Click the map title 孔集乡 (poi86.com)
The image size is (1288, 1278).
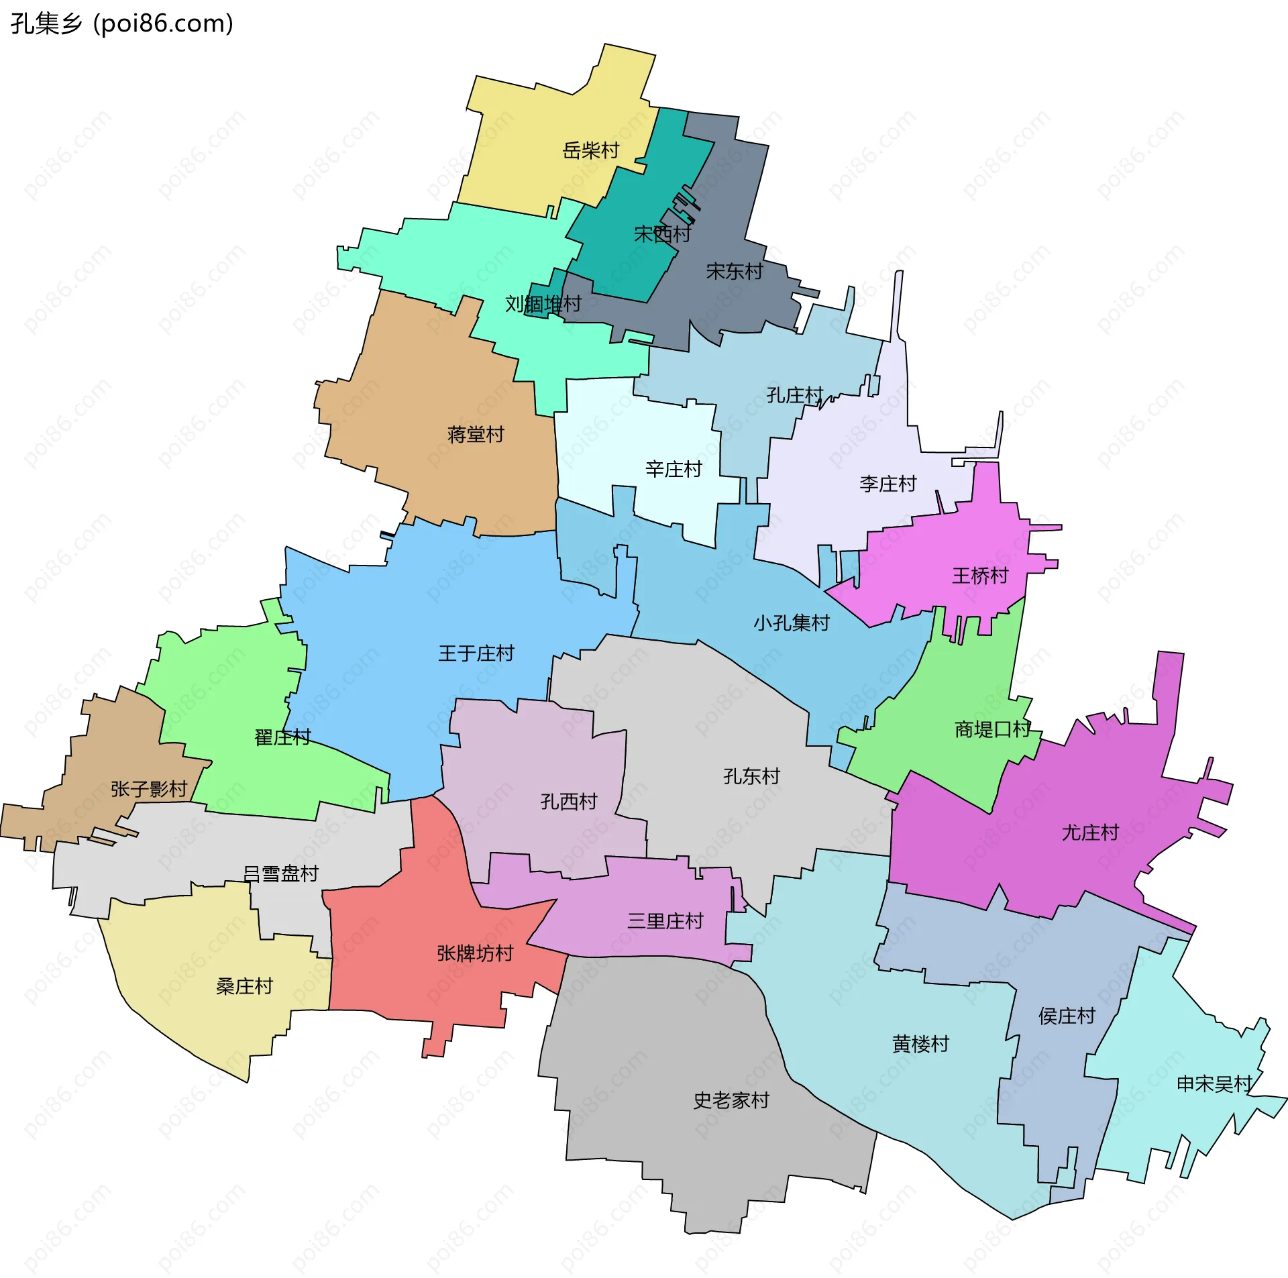coord(122,24)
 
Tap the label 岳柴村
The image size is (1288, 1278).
coord(590,150)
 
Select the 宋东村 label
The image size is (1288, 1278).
coord(735,272)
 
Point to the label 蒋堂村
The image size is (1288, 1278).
coord(476,435)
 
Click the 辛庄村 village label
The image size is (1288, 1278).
coord(674,469)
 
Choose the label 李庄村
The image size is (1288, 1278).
coord(888,484)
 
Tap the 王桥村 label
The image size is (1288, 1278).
coord(980,576)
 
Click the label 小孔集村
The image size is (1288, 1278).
coord(792,623)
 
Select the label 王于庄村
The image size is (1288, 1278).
coord(476,653)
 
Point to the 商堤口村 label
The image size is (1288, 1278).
coord(992,729)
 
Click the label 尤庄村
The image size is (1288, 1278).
coord(1090,833)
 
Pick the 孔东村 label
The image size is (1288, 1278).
coord(751,776)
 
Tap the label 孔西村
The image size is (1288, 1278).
coord(569,802)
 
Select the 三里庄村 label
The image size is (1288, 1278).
coord(665,921)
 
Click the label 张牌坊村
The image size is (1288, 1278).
coord(475,953)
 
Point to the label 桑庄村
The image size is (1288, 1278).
coord(244,986)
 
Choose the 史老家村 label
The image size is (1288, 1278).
coord(731,1100)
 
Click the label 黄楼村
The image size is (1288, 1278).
coord(920,1044)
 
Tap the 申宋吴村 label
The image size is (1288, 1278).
coord(1215,1083)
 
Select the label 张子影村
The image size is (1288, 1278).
coord(149,789)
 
